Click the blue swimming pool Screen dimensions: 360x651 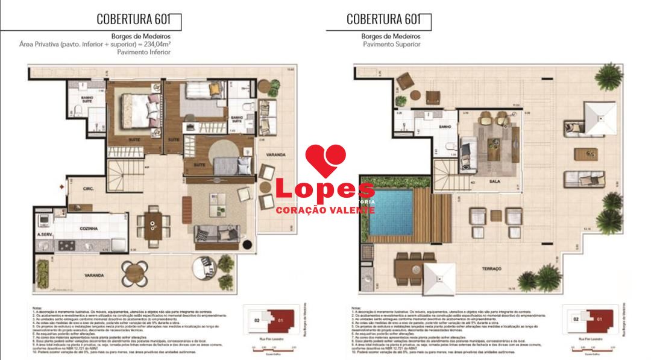click(391, 212)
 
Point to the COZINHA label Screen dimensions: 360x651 click(89, 229)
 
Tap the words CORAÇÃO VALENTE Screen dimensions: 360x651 click(325, 210)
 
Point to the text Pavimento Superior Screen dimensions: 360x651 click(391, 44)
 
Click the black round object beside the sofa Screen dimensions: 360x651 click(247, 244)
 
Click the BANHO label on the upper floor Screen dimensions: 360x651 click(446, 127)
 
